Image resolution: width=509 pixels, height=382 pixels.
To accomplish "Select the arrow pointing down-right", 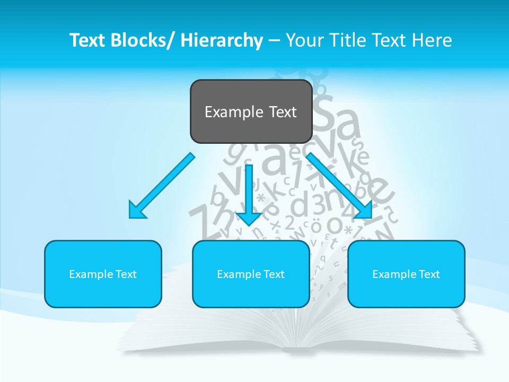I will click(339, 186).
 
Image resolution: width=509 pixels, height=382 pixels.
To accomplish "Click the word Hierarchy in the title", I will click(222, 41).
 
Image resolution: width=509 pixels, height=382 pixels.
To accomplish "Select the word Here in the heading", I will click(433, 41).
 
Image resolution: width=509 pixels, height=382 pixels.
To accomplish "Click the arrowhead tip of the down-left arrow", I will click(130, 217).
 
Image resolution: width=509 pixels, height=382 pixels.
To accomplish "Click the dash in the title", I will click(275, 41).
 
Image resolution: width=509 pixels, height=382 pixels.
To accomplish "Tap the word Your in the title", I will click(305, 41).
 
